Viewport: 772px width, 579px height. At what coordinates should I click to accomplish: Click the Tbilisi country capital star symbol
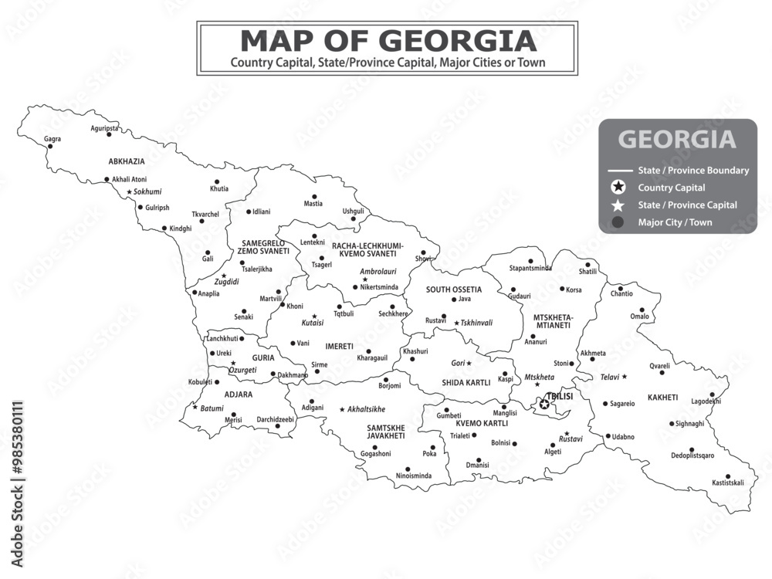[544, 404]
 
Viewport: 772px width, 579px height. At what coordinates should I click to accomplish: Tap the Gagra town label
[52, 139]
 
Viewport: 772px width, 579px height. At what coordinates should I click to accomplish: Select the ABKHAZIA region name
[127, 161]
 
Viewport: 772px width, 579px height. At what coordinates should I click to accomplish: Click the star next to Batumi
[195, 408]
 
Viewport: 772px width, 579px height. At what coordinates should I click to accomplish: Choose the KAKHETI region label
[662, 398]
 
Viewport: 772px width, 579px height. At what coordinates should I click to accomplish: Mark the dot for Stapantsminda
[530, 261]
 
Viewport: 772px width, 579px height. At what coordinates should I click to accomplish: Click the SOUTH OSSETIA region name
[454, 289]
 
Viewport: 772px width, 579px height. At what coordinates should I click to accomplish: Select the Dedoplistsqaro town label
[692, 455]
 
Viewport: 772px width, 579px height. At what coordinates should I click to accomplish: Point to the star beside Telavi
[625, 377]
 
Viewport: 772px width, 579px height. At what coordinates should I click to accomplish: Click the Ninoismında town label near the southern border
[414, 476]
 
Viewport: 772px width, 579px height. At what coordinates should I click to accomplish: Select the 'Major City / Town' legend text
[675, 222]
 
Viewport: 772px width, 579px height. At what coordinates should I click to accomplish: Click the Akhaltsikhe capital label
[366, 409]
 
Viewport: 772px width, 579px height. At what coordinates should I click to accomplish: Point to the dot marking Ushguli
[354, 219]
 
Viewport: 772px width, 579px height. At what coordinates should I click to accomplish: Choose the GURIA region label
[263, 357]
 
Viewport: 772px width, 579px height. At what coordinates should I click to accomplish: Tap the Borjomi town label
[390, 385]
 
